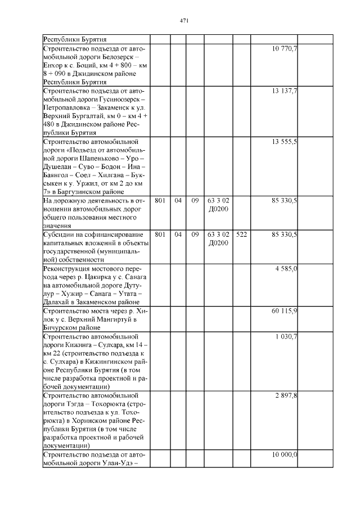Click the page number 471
click(183, 21)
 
